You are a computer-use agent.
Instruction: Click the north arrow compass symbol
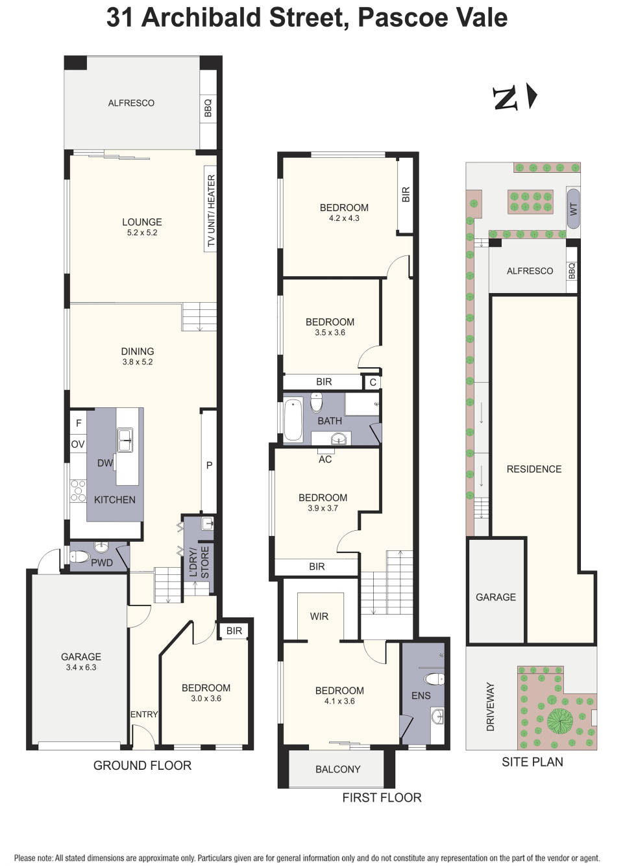515,97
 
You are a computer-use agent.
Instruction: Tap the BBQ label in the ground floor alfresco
208,108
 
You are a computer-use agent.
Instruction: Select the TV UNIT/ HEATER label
210,212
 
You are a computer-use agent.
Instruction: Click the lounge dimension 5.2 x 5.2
141,233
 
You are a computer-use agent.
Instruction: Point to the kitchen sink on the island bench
125,440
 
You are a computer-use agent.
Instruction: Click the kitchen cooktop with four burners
78,490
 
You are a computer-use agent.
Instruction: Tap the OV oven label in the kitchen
78,444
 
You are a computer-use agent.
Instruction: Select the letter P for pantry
209,465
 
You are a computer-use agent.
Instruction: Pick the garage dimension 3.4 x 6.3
81,667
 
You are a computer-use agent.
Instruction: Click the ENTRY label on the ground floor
144,714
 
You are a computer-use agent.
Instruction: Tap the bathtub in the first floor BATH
293,420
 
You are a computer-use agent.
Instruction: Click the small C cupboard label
373,382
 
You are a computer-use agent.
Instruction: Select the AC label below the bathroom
325,459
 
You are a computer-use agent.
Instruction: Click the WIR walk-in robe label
319,616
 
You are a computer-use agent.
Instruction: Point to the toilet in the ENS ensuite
434,679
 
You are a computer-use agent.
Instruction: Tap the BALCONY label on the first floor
337,769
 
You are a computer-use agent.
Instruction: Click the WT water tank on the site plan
573,209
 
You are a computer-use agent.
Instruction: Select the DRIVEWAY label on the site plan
490,706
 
